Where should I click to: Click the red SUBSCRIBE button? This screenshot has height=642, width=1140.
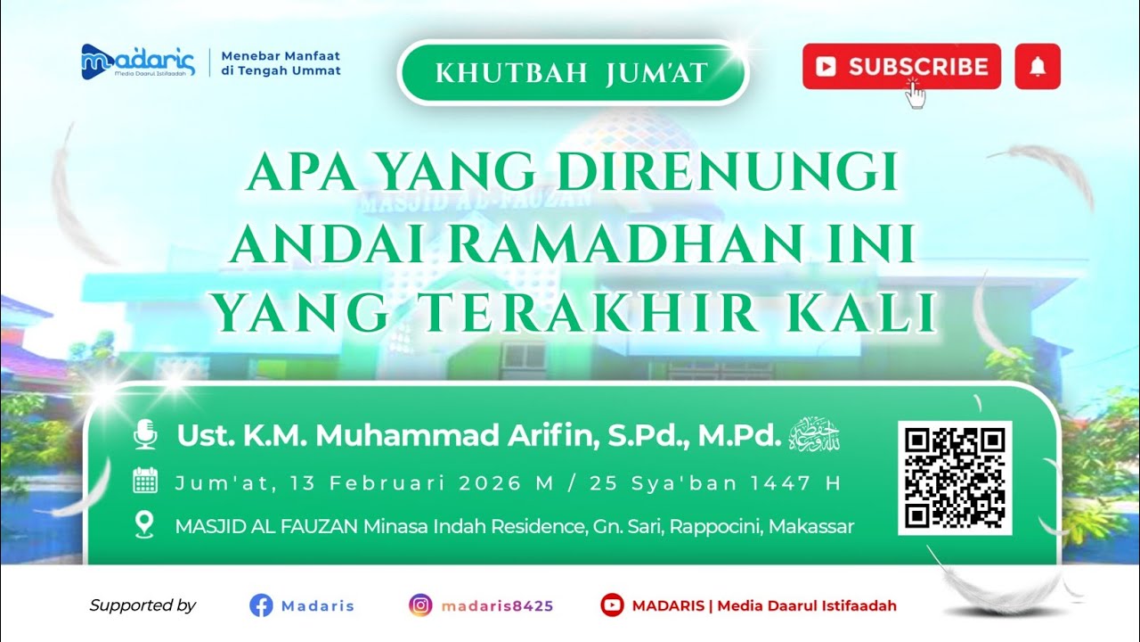[901, 67]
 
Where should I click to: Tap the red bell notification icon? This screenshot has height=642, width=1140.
[1038, 67]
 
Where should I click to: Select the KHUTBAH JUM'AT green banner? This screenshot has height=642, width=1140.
[572, 73]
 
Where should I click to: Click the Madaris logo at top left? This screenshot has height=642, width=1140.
[137, 61]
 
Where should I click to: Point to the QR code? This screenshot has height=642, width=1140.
[955, 478]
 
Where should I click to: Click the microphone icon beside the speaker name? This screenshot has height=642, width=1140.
[145, 435]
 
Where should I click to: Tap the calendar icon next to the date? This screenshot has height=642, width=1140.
[145, 482]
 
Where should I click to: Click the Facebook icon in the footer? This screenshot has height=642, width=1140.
[261, 605]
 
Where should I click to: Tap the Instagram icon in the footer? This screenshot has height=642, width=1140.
[420, 605]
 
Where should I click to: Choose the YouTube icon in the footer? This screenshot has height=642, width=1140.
[612, 605]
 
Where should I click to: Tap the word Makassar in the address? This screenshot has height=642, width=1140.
[811, 526]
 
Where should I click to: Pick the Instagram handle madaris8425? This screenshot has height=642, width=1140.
[497, 606]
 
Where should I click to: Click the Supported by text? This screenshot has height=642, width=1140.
[142, 605]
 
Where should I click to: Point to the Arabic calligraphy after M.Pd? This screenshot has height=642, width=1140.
[815, 434]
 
